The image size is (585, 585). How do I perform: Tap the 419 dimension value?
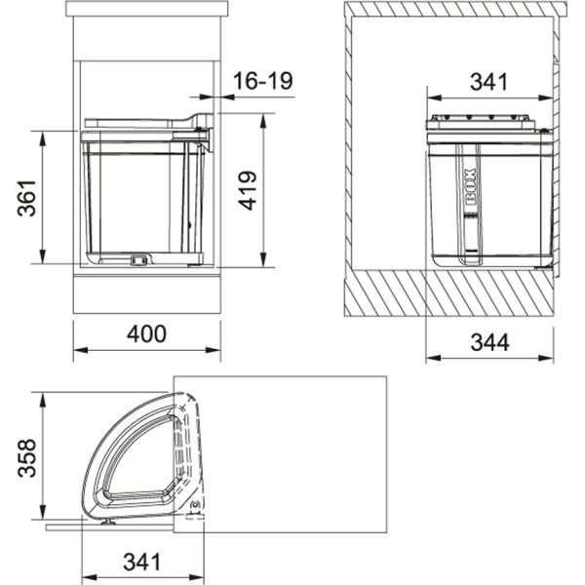[247, 190]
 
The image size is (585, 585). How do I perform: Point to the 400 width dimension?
[146, 333]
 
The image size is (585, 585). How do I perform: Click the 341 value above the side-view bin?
[488, 82]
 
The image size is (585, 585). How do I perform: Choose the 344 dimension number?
[490, 342]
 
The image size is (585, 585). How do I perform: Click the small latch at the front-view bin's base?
[137, 259]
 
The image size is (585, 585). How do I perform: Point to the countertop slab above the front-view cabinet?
[146, 10]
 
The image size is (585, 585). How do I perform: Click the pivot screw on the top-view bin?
[195, 505]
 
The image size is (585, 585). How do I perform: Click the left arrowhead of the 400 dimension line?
[77, 349]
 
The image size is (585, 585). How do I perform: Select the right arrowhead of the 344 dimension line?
[551, 358]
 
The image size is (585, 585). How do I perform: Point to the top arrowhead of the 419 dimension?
[263, 119]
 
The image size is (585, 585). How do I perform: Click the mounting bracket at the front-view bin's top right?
[203, 124]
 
